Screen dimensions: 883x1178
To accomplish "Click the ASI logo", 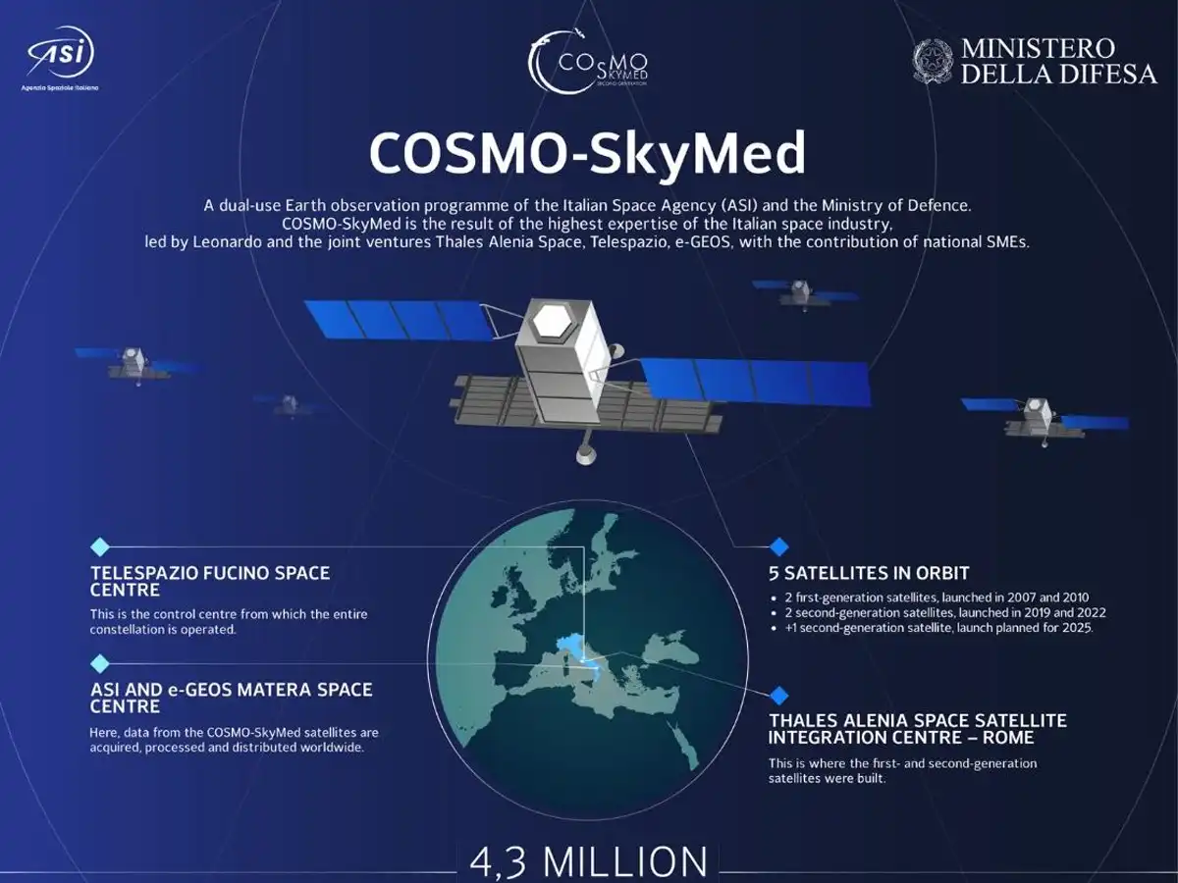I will [61, 51].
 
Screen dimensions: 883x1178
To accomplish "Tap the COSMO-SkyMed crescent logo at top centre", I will [587, 61].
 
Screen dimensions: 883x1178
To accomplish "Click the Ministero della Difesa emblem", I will [933, 61].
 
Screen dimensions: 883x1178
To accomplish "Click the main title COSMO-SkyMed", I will [587, 152].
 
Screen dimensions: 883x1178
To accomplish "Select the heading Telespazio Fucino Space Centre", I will [210, 581].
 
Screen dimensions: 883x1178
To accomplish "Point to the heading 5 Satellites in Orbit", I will [869, 573].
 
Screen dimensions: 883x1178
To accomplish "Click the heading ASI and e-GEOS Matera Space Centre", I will [232, 697].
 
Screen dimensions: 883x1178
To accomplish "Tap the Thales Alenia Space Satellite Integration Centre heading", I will [917, 728].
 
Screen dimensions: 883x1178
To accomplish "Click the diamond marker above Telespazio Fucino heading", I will [99, 547].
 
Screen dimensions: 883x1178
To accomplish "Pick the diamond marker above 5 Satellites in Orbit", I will [779, 546].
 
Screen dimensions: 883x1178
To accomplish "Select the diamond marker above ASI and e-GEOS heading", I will [99, 663].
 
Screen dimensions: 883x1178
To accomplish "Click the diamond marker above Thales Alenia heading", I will [779, 696].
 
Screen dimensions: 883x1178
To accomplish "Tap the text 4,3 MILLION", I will [589, 860].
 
